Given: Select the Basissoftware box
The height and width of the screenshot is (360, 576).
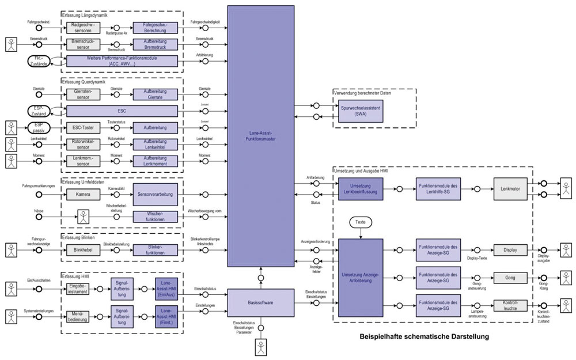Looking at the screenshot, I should point(261,302).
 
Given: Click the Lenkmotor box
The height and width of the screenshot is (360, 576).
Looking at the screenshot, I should point(510,188).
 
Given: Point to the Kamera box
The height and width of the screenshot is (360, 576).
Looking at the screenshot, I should point(83,194).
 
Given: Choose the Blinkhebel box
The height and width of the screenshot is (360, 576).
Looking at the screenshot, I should point(83,250).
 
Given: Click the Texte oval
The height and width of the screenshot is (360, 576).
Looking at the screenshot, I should point(360,222).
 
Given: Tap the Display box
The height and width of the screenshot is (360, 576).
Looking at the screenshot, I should point(510,250).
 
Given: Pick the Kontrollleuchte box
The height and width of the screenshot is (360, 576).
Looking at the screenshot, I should point(510,305).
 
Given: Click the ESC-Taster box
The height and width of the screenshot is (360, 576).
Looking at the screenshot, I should point(83,127).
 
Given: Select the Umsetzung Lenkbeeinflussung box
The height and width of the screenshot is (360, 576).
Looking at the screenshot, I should point(360,188).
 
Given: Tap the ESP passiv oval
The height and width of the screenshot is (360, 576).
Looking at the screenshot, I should point(39,127).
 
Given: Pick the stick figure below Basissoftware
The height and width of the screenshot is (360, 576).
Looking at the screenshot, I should point(261,347).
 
